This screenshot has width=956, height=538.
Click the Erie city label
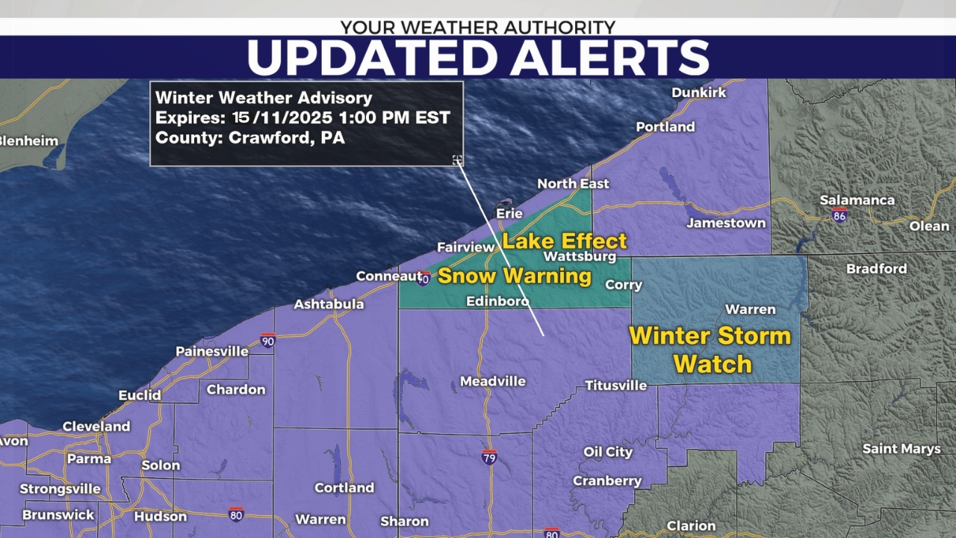click(511, 214)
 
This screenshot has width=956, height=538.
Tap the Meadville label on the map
click(492, 381)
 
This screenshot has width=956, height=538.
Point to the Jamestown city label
click(726, 223)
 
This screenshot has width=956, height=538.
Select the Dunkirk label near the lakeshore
click(698, 93)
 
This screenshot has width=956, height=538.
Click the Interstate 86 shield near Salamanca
click(839, 214)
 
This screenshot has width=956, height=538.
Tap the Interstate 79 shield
click(489, 455)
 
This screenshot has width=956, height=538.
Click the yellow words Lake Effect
click(564, 241)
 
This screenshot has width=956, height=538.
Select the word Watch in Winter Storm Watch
click(713, 364)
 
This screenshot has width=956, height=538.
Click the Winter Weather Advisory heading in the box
click(264, 98)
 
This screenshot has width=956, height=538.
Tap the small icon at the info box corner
click(457, 160)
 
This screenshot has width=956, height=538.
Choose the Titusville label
click(615, 386)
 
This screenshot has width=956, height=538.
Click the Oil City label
click(608, 452)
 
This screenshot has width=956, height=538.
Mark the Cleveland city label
click(96, 427)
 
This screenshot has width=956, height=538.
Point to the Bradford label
click(876, 268)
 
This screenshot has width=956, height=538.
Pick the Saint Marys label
click(901, 449)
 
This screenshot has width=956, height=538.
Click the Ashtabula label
click(329, 304)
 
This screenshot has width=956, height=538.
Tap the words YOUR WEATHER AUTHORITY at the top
click(478, 28)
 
